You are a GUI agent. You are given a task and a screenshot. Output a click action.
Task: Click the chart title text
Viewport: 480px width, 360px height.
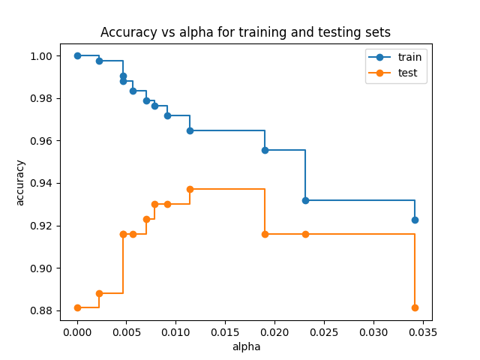point(246,32)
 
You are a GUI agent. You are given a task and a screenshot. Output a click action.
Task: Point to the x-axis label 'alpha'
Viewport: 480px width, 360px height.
point(246,346)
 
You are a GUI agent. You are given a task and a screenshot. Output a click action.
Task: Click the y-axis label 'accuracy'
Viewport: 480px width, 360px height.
point(20,182)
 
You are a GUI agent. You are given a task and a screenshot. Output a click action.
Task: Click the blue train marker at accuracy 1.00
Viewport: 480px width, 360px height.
point(77,55)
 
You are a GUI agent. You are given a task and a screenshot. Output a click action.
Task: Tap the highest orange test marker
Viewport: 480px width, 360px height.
point(190,189)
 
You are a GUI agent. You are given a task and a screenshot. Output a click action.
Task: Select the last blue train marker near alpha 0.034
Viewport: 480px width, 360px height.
point(415,220)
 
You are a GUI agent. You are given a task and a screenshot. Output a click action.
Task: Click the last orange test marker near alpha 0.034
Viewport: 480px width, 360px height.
point(415,307)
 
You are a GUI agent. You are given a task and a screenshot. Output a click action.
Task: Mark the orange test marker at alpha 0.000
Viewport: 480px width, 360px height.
point(77,307)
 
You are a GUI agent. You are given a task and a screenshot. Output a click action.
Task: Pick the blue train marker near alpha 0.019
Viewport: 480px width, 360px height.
point(265,150)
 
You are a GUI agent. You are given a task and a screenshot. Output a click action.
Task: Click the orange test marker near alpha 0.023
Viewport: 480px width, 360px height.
point(305,234)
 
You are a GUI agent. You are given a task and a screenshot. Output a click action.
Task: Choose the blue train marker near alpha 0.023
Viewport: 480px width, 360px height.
point(305,200)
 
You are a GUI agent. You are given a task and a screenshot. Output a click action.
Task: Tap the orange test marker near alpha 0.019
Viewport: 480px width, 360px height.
point(265,234)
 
